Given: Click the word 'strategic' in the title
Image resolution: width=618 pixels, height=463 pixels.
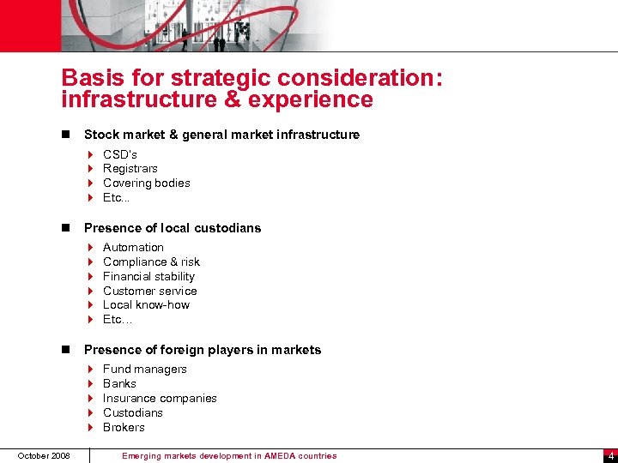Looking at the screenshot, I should click(x=207, y=79).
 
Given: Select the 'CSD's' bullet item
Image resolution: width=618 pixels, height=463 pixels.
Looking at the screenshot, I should click(x=120, y=154).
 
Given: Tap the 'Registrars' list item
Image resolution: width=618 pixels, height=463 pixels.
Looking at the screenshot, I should click(x=130, y=169).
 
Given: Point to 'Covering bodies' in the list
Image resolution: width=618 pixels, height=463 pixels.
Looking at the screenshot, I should click(x=147, y=183).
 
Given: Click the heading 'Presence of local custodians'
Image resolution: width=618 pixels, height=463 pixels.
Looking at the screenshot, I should click(x=173, y=228).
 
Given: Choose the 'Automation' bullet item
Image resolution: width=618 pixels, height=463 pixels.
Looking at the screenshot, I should click(x=133, y=248).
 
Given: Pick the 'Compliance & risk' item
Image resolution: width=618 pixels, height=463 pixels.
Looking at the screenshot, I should click(x=151, y=262).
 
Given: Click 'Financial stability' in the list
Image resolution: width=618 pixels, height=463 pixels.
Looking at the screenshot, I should click(x=148, y=277).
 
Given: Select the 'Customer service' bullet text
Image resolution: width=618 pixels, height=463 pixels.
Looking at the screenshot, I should click(x=149, y=292).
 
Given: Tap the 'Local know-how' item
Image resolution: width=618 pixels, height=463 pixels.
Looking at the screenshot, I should click(x=146, y=305).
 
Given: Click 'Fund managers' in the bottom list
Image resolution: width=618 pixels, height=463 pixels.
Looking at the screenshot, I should click(x=144, y=370).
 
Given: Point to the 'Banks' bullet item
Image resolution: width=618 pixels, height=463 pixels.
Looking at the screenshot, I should click(x=119, y=384).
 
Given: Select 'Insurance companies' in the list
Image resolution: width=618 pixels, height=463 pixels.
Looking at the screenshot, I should click(x=160, y=399).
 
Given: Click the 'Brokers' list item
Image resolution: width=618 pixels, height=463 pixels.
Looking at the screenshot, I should click(x=124, y=428).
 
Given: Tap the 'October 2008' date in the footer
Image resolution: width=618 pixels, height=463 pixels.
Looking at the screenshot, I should click(x=43, y=455).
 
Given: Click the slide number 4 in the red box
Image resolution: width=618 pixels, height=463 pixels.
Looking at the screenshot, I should click(x=609, y=456).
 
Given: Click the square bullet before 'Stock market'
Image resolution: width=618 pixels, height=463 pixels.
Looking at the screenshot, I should click(x=65, y=135).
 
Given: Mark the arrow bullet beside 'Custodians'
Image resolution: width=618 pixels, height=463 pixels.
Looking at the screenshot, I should click(x=90, y=413).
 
